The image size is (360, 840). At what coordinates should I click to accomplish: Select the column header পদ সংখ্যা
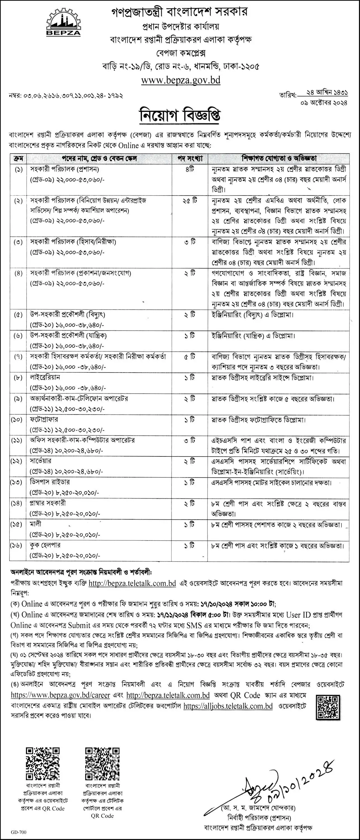pyautogui.click(x=190, y=158)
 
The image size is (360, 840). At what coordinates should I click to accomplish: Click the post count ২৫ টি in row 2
pyautogui.click(x=190, y=200)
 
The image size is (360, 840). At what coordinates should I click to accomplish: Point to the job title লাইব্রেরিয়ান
pyautogui.click(x=45, y=377)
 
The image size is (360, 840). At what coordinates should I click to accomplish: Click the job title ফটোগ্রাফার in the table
pyautogui.click(x=44, y=419)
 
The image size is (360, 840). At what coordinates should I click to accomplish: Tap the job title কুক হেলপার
pyautogui.click(x=45, y=545)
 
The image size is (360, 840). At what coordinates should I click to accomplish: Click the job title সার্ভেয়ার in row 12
pyautogui.click(x=41, y=461)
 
